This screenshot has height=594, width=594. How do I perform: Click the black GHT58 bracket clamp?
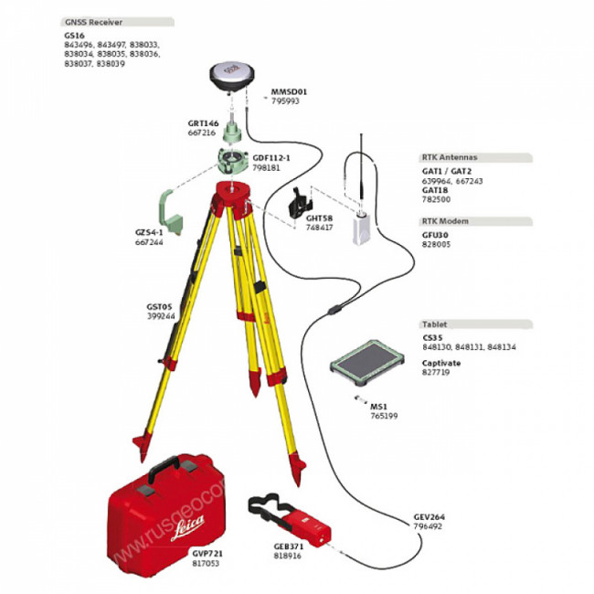coord(299,203)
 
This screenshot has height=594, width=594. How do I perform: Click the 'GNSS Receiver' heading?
coord(93,21)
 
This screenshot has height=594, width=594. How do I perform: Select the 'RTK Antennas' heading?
coord(450,157)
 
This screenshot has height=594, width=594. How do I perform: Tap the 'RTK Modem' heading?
coord(445,221)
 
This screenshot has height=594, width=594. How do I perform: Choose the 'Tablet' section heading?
coord(433,324)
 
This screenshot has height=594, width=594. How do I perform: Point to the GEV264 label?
coord(429,517)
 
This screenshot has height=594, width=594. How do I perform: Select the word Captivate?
coord(441,363)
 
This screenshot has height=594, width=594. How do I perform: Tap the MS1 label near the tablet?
coord(377,406)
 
